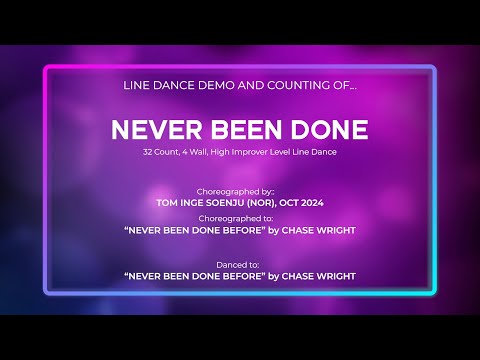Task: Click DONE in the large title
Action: pos(326,130)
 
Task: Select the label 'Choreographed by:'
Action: pos(239,188)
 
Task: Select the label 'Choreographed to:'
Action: pos(239,216)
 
